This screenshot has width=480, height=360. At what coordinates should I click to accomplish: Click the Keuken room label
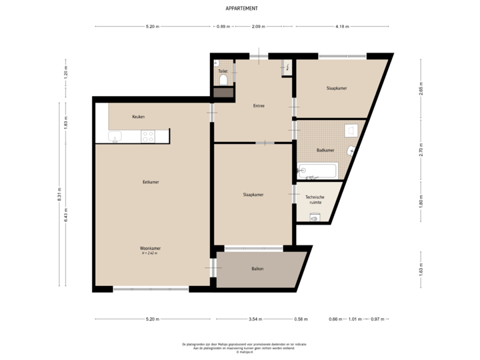tap(138, 117)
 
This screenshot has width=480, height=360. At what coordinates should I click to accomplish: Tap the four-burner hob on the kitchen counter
tap(148, 136)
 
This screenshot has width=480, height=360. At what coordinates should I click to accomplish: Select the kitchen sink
tap(115, 138)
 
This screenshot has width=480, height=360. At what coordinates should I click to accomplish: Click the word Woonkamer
tap(151, 248)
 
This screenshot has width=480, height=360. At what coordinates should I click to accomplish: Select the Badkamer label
tap(325, 150)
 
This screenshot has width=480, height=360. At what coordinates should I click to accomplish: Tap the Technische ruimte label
tap(315, 199)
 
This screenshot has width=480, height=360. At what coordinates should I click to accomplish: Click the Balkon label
tap(257, 269)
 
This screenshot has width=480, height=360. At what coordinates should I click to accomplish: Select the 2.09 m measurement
tap(258, 27)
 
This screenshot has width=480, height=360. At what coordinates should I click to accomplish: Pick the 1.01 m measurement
tap(355, 319)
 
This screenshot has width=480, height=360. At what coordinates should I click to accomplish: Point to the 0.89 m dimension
tap(223, 27)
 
